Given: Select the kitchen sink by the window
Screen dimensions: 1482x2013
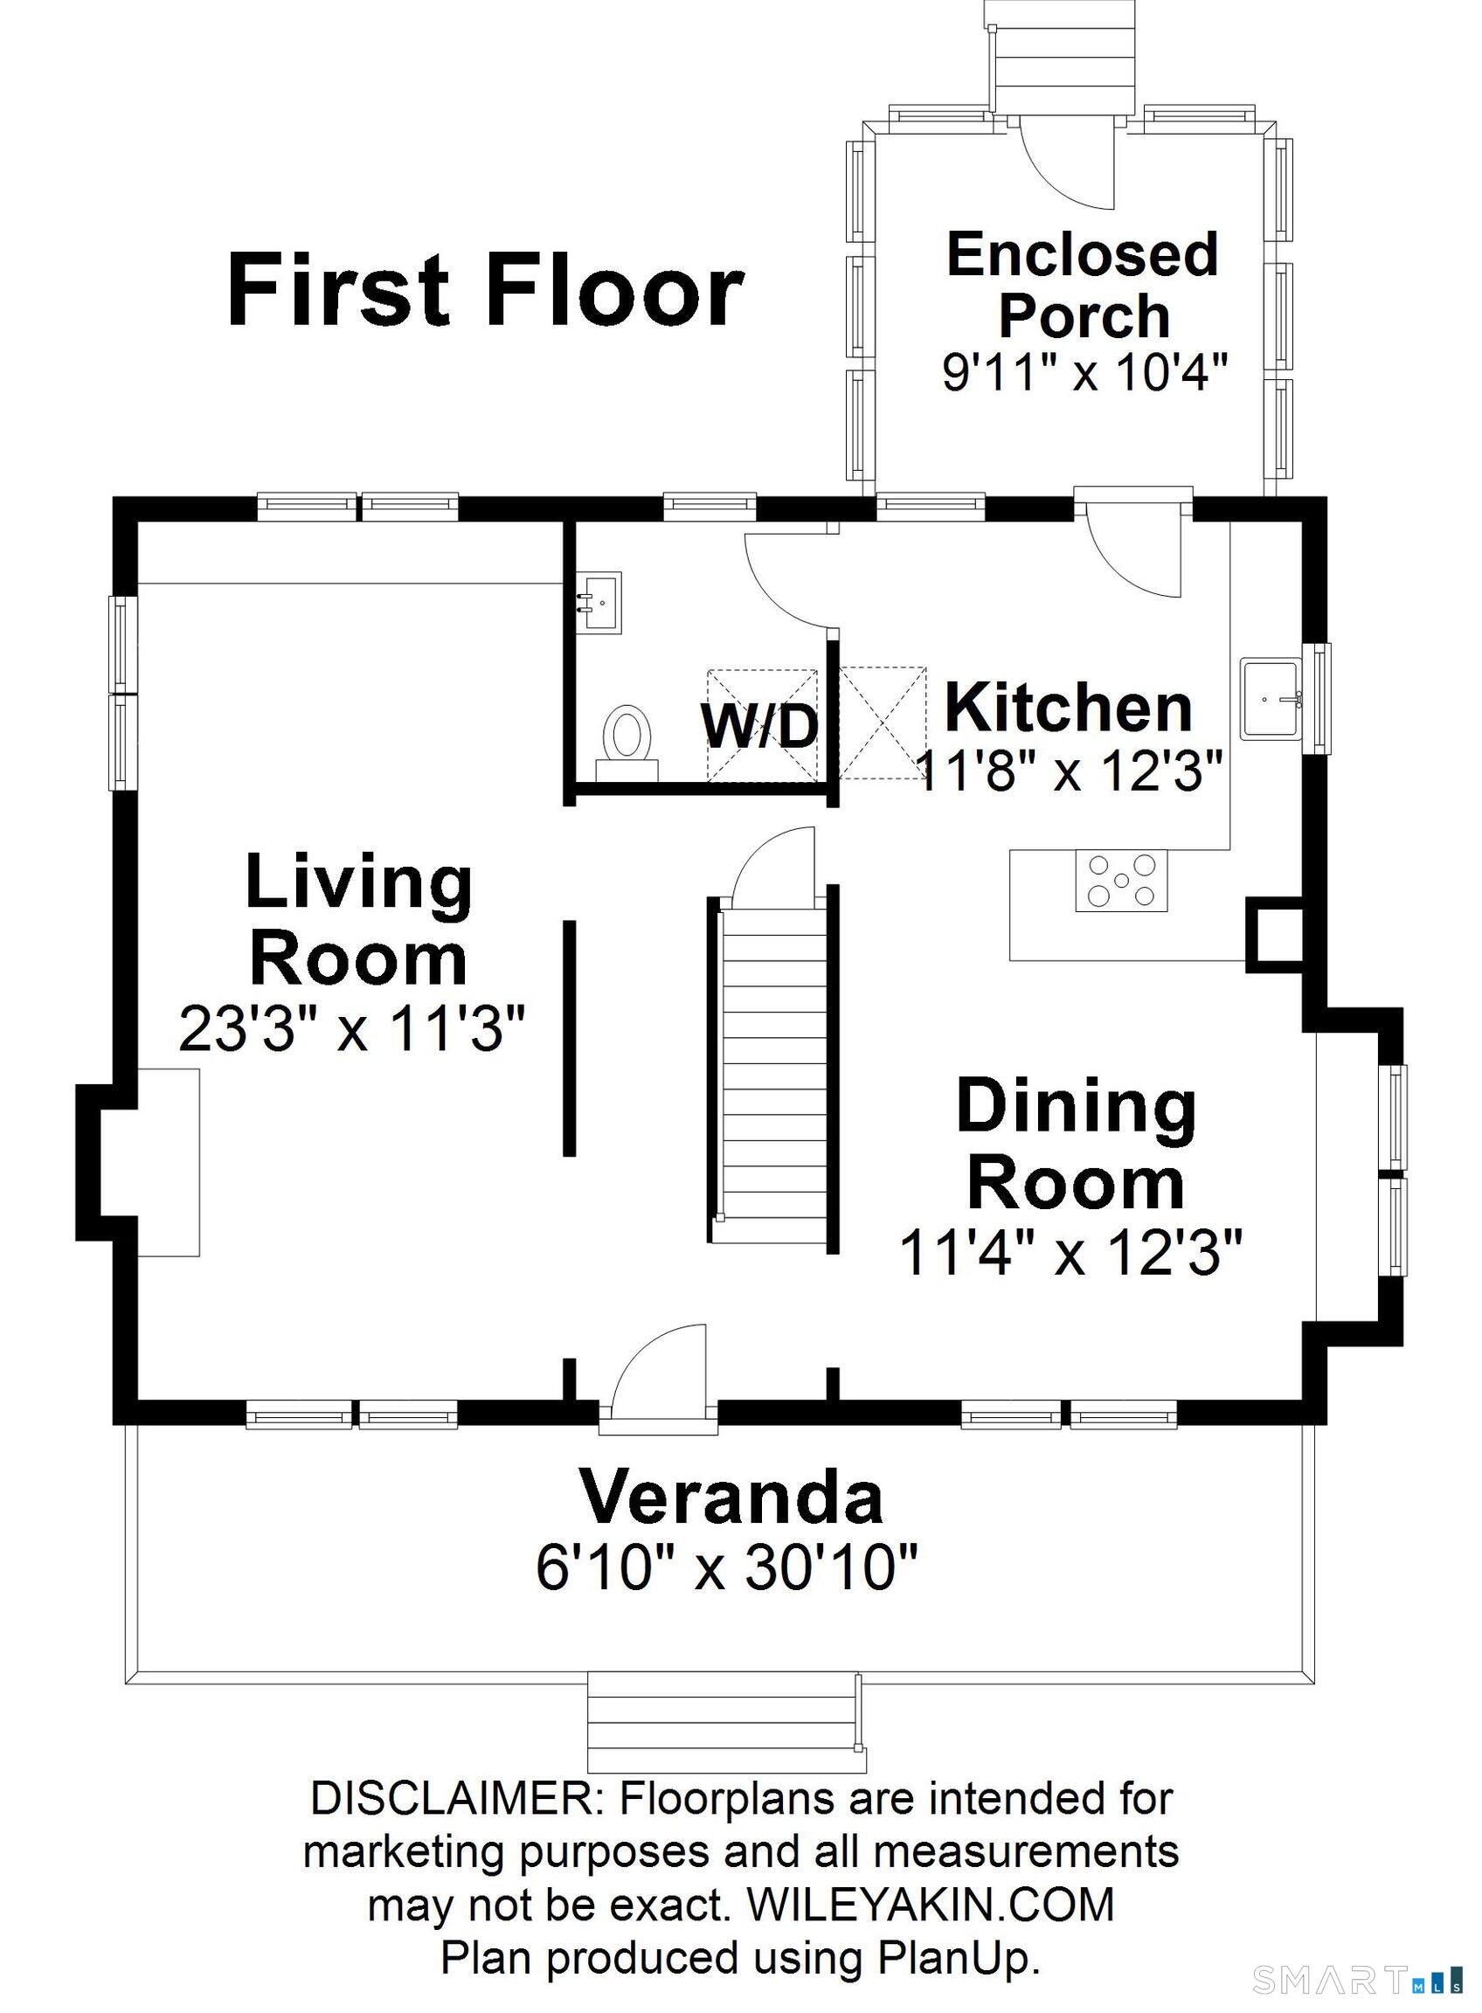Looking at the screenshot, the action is pyautogui.click(x=1272, y=699).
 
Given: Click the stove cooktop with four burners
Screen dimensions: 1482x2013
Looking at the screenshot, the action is pyautogui.click(x=1121, y=880).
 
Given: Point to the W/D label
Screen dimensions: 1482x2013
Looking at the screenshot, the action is pyautogui.click(x=761, y=726).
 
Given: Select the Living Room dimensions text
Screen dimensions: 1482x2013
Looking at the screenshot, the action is pyautogui.click(x=351, y=1027).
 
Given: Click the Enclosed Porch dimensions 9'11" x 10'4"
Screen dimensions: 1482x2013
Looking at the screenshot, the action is pyautogui.click(x=1084, y=370).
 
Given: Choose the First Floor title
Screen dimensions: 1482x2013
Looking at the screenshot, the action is pyautogui.click(x=485, y=290).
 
